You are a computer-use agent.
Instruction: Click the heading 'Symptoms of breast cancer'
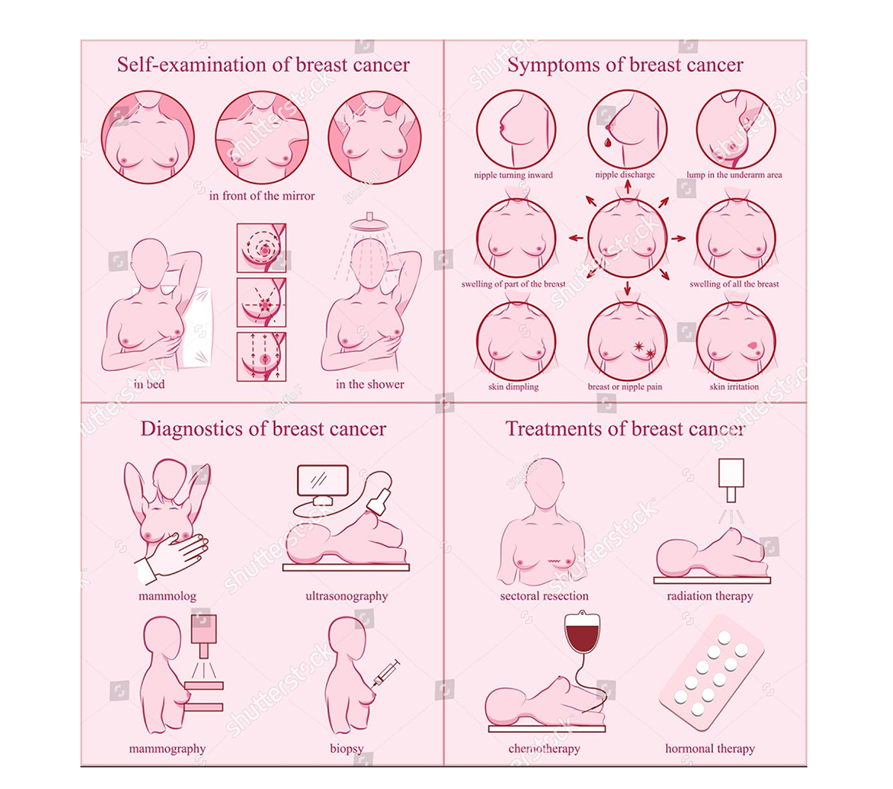(x=625, y=66)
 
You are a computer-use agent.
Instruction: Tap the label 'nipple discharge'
(x=624, y=175)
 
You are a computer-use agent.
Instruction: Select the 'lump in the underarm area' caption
(x=734, y=175)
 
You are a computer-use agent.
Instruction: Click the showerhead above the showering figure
(x=369, y=221)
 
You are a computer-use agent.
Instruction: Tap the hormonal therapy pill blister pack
(x=711, y=672)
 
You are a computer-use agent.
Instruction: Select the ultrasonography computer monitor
(x=323, y=480)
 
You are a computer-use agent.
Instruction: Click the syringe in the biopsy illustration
(x=385, y=674)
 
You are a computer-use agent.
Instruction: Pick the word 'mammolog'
(x=167, y=596)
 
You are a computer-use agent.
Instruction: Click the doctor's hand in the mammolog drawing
(x=178, y=553)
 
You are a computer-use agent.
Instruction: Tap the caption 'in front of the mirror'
(x=262, y=196)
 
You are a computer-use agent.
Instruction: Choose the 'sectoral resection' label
(x=544, y=596)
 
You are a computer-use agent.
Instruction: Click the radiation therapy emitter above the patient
(x=732, y=479)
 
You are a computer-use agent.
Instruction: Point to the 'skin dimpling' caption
(x=513, y=387)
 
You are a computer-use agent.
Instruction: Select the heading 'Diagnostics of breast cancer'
(x=263, y=429)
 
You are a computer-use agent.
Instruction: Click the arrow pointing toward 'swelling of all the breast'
(x=679, y=239)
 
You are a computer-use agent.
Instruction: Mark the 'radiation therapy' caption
(x=710, y=596)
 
